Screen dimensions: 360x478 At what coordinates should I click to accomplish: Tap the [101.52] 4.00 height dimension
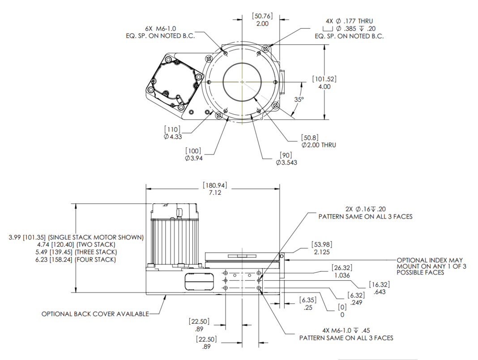click(x=324, y=83)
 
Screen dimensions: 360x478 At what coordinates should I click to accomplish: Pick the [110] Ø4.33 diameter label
click(x=173, y=133)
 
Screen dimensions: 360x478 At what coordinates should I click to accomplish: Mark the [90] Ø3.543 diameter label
click(x=286, y=159)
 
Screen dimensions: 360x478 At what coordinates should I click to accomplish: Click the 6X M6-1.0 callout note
click(x=160, y=32)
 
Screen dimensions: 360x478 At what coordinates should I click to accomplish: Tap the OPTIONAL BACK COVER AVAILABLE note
click(x=95, y=314)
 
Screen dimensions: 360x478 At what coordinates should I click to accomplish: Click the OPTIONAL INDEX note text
click(x=430, y=266)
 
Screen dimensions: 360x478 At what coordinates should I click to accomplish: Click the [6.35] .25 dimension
click(x=307, y=304)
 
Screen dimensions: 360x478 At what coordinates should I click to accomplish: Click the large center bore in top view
click(x=242, y=82)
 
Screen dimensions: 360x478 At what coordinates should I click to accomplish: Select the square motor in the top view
click(x=173, y=81)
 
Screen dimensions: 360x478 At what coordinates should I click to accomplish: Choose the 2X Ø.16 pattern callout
click(x=365, y=213)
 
